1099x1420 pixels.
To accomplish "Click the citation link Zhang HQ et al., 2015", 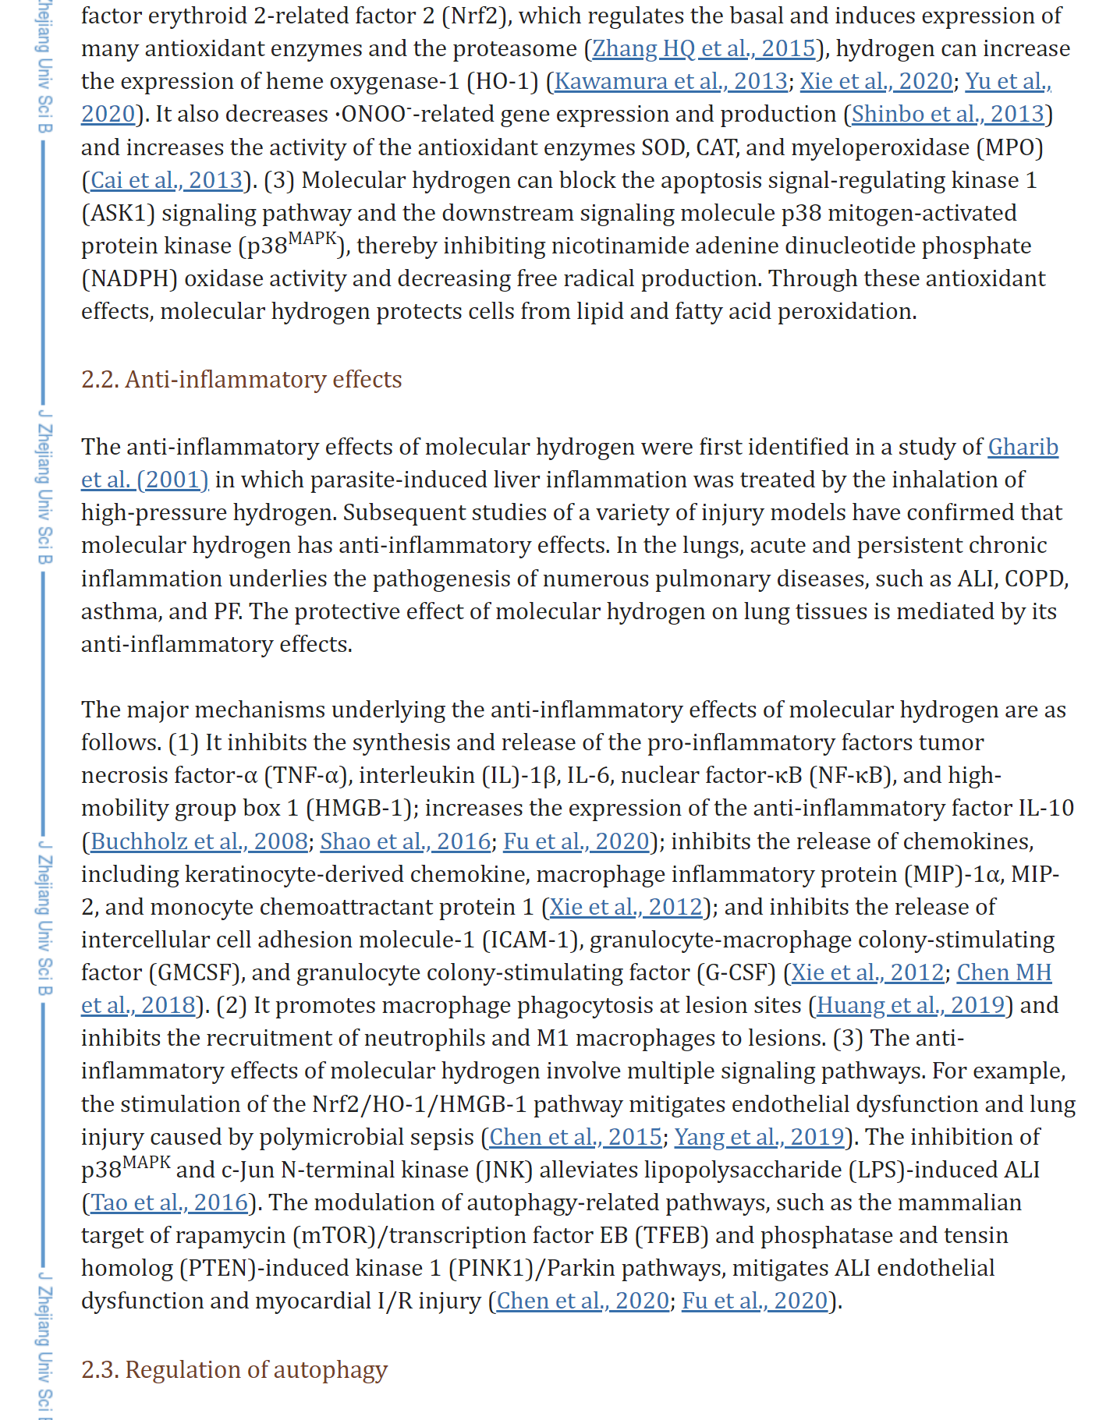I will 704,48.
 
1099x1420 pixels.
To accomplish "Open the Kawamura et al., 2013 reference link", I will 671,81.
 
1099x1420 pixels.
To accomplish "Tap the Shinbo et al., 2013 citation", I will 948,114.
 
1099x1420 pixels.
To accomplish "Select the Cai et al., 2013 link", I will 167,180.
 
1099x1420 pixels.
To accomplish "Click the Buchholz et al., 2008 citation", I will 199,841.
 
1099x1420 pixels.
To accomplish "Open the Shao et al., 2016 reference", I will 406,841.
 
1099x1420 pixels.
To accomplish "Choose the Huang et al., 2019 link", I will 910,1005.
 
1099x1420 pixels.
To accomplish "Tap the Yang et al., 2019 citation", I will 759,1137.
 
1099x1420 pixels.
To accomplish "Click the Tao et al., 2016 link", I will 169,1202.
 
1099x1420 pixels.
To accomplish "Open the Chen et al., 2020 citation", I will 583,1301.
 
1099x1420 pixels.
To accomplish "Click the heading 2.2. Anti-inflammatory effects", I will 242,379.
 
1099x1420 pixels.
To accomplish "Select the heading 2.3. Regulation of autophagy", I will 234,1369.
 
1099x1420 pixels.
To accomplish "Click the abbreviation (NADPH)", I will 129,278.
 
